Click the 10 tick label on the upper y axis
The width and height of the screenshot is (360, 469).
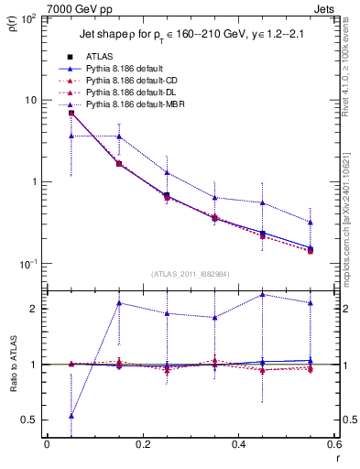coord(32,99)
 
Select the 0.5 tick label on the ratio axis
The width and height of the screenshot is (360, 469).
coord(30,420)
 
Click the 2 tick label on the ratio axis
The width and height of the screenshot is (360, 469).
coord(35,309)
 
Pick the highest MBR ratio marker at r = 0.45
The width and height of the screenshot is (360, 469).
coord(263,295)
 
